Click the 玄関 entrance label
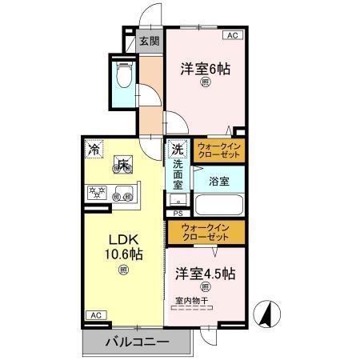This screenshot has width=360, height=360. point(150,42)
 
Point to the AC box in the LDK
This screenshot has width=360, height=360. point(94,315)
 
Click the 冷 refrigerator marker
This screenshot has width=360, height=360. point(95,149)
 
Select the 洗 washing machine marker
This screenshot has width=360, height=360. point(177,150)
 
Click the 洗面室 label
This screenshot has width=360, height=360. point(178,174)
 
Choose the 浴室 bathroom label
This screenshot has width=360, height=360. point(218,181)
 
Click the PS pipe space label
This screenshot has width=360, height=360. point(178,214)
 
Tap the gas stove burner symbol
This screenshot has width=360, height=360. point(98,192)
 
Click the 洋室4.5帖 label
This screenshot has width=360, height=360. point(206,273)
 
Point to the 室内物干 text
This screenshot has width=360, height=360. point(191,301)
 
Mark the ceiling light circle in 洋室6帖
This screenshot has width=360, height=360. point(205,83)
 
